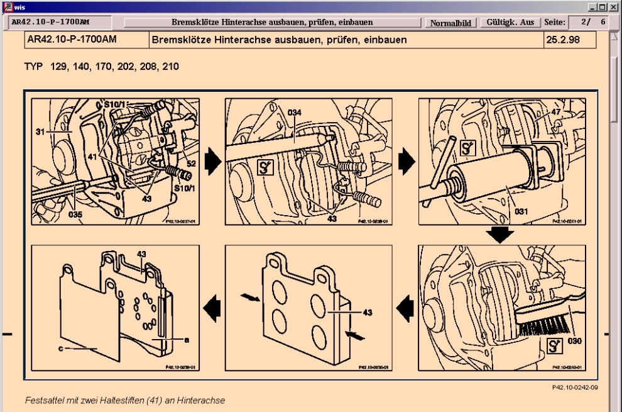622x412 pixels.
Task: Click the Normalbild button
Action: [x=453, y=23]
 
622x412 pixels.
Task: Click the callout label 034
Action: [x=295, y=112]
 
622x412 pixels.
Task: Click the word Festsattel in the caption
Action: [x=45, y=400]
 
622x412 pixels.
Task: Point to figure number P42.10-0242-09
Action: [x=577, y=387]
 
